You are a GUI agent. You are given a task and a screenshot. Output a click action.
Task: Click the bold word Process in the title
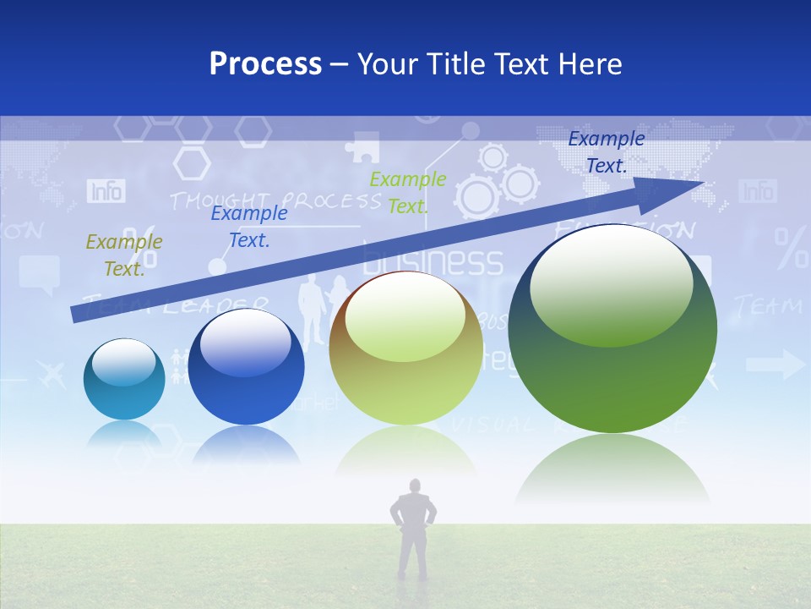click(x=265, y=63)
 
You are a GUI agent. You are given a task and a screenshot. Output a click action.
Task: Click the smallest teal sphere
click(x=124, y=379)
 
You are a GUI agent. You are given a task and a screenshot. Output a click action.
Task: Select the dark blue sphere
click(x=246, y=367)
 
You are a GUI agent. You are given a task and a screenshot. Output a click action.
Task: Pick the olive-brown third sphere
click(x=405, y=348)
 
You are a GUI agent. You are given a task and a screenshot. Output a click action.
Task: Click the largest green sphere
click(x=612, y=330)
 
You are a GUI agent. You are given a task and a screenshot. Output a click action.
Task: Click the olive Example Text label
click(x=124, y=255)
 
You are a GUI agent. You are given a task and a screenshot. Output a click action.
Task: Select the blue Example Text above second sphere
click(x=248, y=226)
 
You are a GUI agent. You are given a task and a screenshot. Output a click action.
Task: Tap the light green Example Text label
click(x=408, y=192)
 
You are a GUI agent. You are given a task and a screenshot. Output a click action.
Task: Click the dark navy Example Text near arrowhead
click(x=606, y=152)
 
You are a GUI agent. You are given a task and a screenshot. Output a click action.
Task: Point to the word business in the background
click(x=433, y=261)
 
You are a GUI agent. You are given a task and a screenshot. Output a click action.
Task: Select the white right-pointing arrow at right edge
click(x=776, y=365)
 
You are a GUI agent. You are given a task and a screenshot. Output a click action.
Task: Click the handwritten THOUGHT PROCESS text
click(x=275, y=200)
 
